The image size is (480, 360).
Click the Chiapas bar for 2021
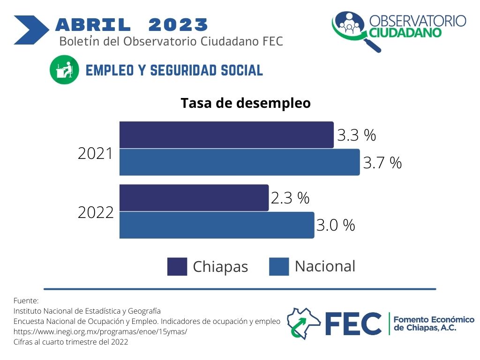226,135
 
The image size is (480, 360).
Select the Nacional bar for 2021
240,162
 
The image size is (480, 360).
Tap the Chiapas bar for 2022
194,198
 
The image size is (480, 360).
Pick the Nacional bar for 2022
217,225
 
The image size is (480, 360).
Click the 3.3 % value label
357,135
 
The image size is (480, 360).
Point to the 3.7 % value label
382,163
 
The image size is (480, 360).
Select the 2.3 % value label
290,198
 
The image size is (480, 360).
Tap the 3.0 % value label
336,225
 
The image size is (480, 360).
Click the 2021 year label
96,153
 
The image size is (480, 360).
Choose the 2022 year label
96,212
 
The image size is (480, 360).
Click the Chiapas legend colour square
177,267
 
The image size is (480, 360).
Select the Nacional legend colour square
279,267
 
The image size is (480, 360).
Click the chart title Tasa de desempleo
246,103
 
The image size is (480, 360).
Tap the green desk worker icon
64,70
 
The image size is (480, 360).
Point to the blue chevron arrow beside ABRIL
31,30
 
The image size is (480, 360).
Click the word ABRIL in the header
93,25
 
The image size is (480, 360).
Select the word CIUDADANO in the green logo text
405,32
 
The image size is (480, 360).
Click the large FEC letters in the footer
353,324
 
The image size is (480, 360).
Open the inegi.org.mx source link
100,331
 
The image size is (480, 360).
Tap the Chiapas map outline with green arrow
303,323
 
